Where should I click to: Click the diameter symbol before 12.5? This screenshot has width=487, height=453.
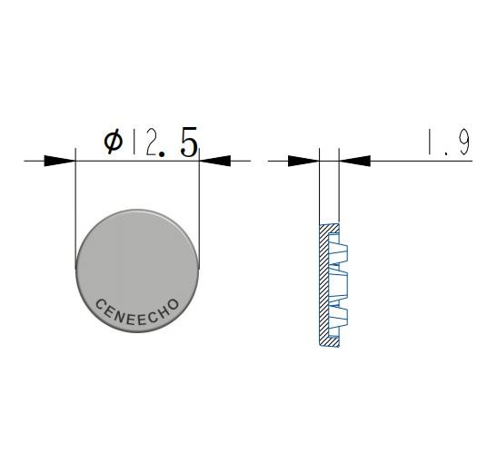coord(114,142)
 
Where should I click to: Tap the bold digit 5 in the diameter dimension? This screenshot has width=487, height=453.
coord(188,142)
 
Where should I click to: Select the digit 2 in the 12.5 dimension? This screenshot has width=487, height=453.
coord(151,143)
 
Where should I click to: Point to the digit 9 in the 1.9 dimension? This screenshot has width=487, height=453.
coord(464,142)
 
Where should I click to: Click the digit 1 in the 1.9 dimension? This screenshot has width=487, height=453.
coord(430,142)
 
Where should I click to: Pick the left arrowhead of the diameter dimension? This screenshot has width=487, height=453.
coord(60,161)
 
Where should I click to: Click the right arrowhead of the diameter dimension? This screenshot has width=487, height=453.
coord(215,161)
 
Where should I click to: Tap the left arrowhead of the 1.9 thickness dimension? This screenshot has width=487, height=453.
coord(303,161)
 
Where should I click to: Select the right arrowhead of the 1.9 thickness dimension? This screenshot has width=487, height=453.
coord(354,161)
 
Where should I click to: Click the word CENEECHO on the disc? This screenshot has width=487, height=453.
coord(137,313)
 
